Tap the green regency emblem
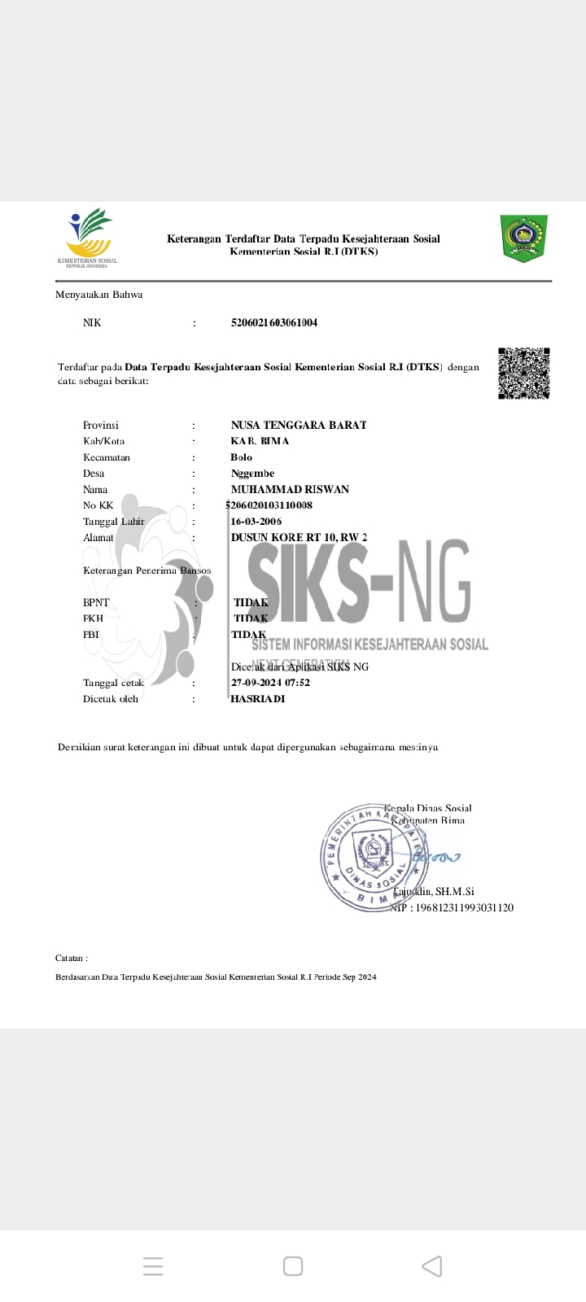point(523,238)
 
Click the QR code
point(523,374)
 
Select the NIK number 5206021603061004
point(274,323)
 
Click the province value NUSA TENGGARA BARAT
point(299,425)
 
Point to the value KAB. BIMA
point(260,441)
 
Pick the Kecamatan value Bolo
point(242,457)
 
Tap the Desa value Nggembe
point(252,474)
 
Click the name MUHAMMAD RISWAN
point(290,489)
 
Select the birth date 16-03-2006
point(256,522)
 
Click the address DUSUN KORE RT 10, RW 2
point(299,538)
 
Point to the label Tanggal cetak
point(113,683)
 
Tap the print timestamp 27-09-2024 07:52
point(270,683)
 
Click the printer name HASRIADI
point(258,699)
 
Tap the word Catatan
point(72,959)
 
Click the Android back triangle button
point(432,1266)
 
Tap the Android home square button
point(293,1266)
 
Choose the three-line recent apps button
point(153,1266)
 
